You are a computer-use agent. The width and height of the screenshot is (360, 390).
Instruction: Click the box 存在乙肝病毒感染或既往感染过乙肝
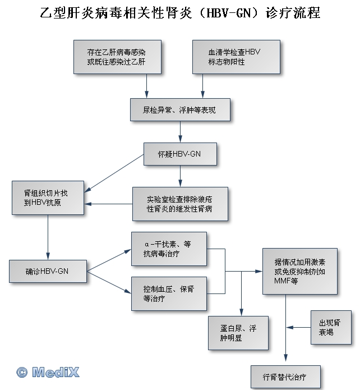point(117,56)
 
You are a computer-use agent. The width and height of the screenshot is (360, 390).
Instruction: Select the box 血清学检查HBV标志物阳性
point(236,56)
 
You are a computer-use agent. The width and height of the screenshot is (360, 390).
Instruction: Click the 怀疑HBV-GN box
point(180,154)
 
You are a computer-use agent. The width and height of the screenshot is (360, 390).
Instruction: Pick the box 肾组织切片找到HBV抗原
point(48,198)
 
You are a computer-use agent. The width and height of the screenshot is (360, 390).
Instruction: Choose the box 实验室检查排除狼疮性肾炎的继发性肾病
point(180,203)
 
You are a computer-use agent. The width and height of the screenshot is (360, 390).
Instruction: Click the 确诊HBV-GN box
point(48,271)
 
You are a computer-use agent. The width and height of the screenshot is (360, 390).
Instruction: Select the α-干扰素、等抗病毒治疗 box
point(169,249)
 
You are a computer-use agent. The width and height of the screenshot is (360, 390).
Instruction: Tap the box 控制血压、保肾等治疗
point(169,293)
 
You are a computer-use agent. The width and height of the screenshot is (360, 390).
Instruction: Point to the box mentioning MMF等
point(300,271)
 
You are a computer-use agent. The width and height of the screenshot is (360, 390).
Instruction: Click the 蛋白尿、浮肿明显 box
point(237,333)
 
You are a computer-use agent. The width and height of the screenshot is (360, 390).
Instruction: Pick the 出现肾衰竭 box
point(331,327)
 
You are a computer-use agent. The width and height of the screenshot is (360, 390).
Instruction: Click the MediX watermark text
point(56,372)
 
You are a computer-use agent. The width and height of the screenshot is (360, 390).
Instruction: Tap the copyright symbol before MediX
point(22,372)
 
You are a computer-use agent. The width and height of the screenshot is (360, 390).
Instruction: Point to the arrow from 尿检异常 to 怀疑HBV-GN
point(180,132)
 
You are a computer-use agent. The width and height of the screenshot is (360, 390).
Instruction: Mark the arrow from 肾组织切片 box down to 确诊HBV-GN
point(48,237)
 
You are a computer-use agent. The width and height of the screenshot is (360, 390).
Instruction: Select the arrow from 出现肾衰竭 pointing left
point(298,327)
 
